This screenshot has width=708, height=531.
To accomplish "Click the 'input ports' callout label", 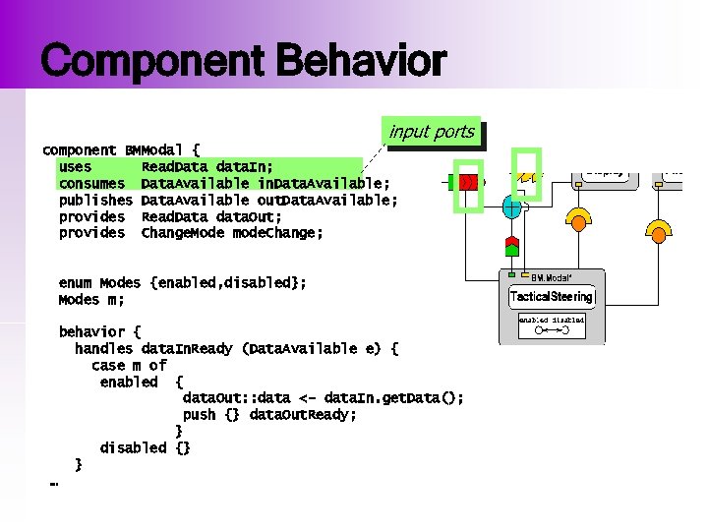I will pyautogui.click(x=432, y=132).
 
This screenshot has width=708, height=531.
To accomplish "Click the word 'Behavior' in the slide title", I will pyautogui.click(x=361, y=62).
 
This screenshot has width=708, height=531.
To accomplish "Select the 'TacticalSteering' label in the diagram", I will pyautogui.click(x=552, y=296).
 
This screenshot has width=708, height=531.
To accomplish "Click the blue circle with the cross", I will pyautogui.click(x=512, y=207).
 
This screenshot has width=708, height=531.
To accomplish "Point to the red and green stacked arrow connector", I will pyautogui.click(x=511, y=243).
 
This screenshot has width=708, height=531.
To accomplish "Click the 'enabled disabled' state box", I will pyautogui.click(x=552, y=320).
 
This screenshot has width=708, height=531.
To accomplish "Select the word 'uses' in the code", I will pyautogui.click(x=76, y=167).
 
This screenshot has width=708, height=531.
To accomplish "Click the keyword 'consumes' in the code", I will pyautogui.click(x=91, y=184).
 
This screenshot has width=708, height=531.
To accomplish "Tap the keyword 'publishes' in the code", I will pyautogui.click(x=95, y=201).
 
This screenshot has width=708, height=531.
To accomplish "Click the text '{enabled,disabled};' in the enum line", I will pyautogui.click(x=228, y=282).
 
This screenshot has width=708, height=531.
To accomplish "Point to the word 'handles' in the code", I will pyautogui.click(x=104, y=348).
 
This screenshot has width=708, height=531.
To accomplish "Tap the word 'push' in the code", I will pyautogui.click(x=199, y=414).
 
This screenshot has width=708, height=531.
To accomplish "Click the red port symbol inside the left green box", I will pyautogui.click(x=467, y=182).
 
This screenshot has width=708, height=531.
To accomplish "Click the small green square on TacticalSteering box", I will pyautogui.click(x=512, y=274).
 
